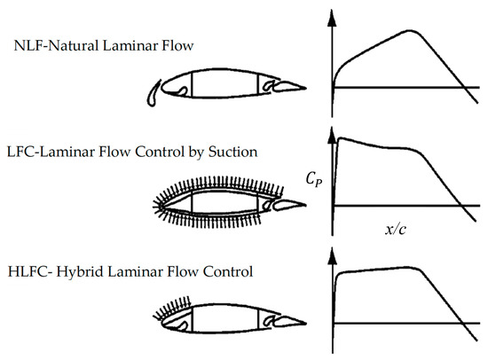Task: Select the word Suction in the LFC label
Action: [232, 153]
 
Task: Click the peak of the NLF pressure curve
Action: [410, 31]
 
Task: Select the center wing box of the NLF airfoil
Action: [225, 84]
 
